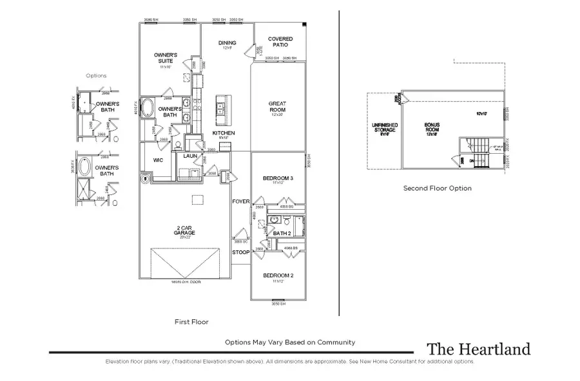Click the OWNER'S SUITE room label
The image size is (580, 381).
tap(166, 59)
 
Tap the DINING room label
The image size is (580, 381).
tap(227, 43)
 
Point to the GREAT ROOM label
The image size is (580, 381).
tap(277, 106)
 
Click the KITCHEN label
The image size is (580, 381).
tap(224, 133)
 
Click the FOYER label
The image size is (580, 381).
tap(240, 201)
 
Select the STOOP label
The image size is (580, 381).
tap(240, 252)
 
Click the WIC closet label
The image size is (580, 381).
tap(158, 160)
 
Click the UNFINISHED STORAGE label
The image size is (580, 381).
tap(385, 128)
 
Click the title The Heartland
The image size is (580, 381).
tap(478, 349)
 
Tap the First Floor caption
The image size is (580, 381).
tap(191, 321)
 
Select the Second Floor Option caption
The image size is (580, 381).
tap(437, 189)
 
